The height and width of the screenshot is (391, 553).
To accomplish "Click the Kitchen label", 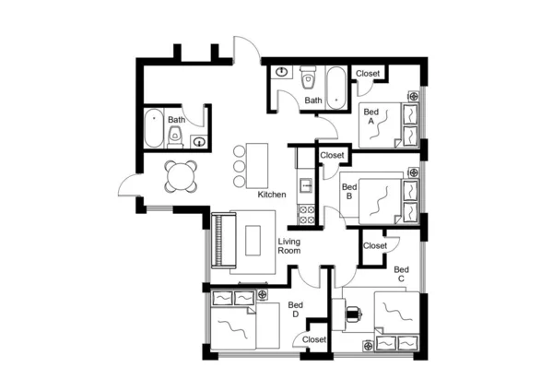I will click(272, 195).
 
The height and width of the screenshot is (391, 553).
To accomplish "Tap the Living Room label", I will click(290, 245).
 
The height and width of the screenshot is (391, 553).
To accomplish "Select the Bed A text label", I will click(371, 116).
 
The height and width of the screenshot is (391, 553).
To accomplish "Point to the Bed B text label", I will click(347, 191).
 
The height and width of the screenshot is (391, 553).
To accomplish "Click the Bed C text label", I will click(401, 274).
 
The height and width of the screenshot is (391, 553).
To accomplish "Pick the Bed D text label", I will click(295, 310).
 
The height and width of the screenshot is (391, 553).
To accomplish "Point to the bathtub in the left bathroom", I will click(153, 128).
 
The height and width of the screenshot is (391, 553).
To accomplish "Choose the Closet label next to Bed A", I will click(369, 74).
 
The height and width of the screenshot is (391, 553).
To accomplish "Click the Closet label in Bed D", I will click(314, 340).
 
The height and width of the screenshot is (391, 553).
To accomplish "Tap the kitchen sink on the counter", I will click(306, 183).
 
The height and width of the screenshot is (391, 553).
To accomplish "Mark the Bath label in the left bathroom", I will click(176, 120).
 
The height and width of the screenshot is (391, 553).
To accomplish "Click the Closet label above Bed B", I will click(333, 156).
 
